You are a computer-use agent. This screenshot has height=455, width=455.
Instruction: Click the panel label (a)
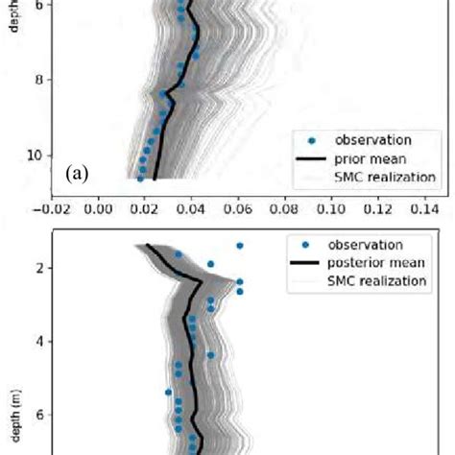pyautogui.click(x=78, y=174)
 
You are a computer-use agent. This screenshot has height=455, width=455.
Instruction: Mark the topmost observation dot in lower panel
pyautogui.click(x=239, y=246)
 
